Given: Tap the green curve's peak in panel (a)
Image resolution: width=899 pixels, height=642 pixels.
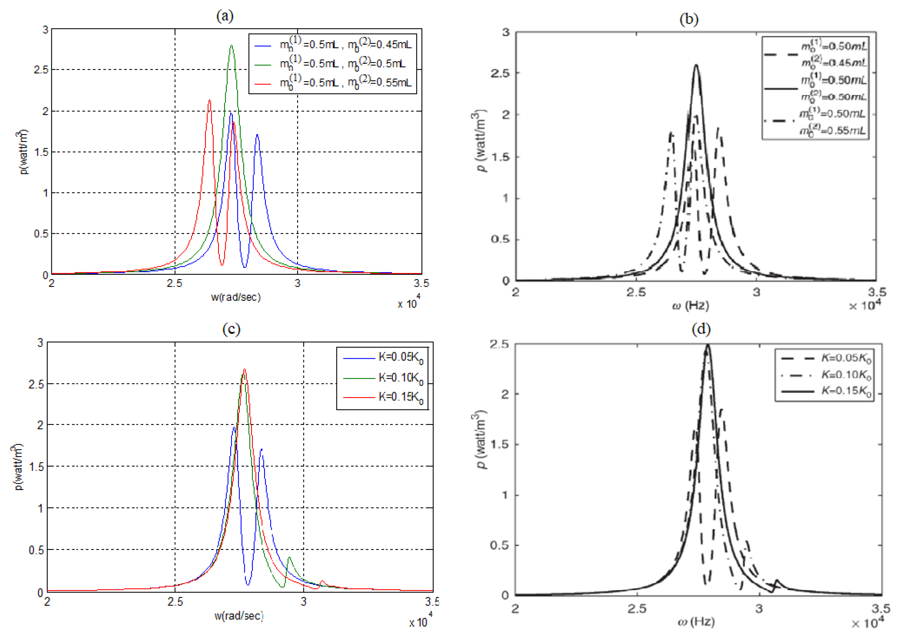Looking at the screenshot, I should point(231,46).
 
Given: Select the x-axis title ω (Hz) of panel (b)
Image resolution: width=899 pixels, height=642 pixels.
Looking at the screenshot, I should point(691,306).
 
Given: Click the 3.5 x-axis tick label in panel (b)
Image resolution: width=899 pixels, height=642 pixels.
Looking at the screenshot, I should point(877,293).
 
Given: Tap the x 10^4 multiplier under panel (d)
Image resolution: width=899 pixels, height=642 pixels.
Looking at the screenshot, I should point(867,623).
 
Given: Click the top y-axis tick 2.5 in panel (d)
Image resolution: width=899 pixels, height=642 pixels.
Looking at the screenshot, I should point(499,344).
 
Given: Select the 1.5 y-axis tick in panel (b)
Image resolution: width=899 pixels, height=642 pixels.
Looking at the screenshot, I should point(500,157).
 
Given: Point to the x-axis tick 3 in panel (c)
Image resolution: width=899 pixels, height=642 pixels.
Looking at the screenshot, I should point(304,602).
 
